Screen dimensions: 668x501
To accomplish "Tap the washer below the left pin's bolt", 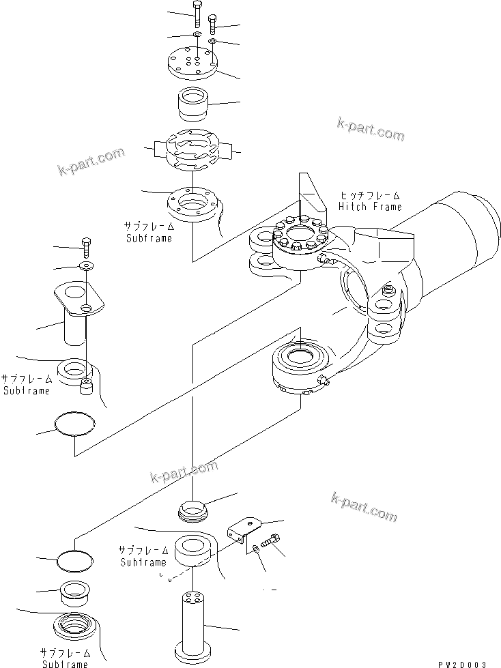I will (86, 265).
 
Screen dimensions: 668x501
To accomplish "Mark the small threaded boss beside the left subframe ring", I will (86, 387).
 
